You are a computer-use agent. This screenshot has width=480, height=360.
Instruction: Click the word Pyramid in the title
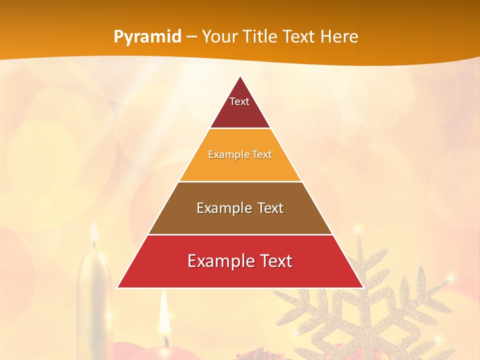click(147, 37)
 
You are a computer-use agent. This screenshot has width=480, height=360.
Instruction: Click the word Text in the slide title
click(299, 37)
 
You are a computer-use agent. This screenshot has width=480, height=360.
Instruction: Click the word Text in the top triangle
click(239, 101)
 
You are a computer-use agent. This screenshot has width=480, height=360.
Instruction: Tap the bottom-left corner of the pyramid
click(117, 287)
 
